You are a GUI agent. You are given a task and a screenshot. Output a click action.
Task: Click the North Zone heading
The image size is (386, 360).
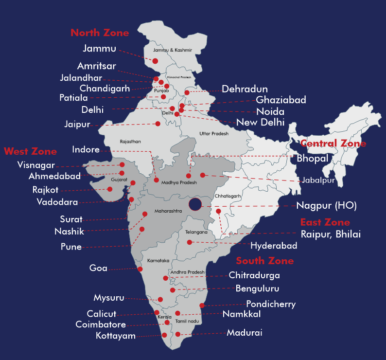100,33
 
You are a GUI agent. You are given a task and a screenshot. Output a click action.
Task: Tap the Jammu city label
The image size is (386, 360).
100,48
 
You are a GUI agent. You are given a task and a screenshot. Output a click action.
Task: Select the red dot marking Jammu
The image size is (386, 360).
156,61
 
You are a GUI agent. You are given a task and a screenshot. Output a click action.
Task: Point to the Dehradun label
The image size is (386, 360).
245,89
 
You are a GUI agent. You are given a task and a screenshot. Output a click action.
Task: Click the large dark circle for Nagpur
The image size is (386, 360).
195,205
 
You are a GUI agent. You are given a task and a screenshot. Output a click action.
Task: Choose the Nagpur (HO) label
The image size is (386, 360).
327,206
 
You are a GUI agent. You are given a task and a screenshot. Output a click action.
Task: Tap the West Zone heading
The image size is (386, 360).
30,151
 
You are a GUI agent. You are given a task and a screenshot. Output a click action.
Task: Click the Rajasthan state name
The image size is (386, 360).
130,142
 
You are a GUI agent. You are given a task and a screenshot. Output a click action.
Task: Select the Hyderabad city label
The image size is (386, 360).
274,246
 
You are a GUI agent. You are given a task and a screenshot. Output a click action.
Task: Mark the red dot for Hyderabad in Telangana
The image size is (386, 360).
190,242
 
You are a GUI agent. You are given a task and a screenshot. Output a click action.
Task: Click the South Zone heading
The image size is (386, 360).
265,261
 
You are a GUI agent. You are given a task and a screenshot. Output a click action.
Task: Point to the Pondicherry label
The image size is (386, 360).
271,305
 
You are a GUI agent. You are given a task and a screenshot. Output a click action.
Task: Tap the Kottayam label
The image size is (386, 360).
116,336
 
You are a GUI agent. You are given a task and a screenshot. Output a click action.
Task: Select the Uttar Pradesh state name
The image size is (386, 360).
214,133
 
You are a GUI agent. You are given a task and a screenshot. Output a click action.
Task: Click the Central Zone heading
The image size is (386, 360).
333,144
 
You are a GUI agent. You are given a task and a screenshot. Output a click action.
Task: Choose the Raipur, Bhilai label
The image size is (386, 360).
331,234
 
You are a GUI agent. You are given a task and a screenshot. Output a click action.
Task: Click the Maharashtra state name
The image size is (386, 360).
168,212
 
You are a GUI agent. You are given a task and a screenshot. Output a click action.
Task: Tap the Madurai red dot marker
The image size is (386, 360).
178,334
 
